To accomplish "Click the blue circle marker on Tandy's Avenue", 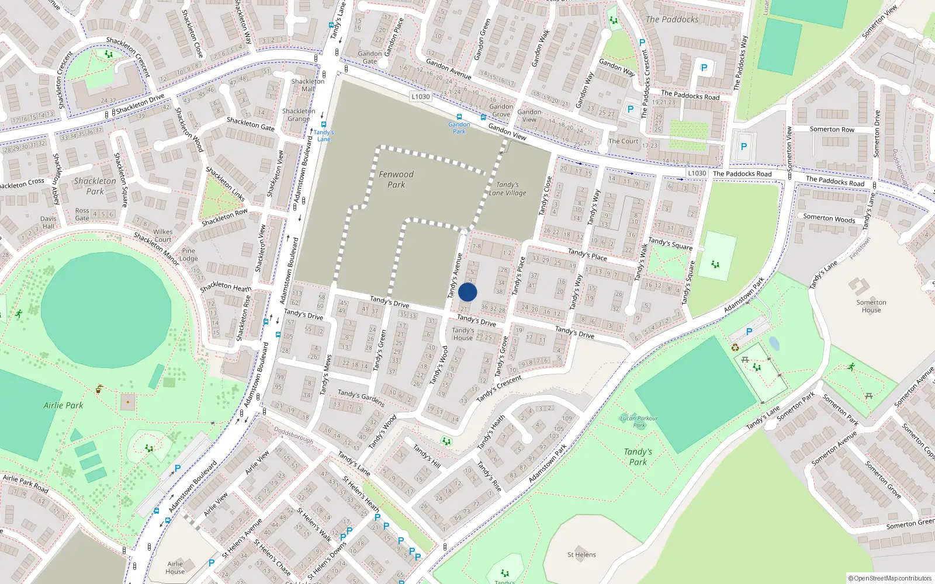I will (467, 292).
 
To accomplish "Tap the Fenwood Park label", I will (396, 179).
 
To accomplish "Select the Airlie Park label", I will (63, 405).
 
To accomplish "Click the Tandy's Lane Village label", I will (507, 189).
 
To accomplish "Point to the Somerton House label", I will (871, 306).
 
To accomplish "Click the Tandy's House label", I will (463, 334).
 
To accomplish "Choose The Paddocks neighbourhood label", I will (672, 19).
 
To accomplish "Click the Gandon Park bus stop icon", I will (459, 117).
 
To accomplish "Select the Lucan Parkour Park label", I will (639, 422).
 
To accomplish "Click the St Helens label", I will (581, 555).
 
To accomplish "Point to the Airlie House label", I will (175, 568).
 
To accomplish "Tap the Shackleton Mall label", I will (308, 85).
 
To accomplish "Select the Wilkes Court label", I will (163, 235).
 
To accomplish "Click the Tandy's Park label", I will (638, 457).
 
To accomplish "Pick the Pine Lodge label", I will (188, 255).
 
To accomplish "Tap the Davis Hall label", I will (49, 223).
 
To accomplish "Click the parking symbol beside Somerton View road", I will (743, 147).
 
